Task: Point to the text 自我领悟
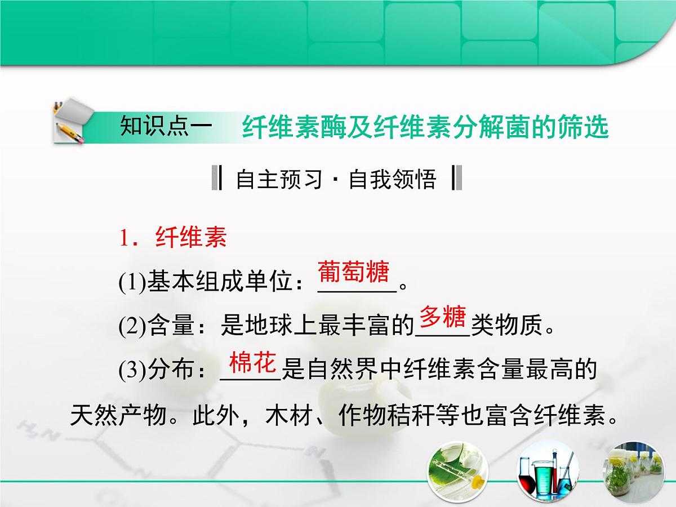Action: coord(393,180)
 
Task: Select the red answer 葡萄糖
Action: coord(354,272)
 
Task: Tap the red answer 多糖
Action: coord(442,318)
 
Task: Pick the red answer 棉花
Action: coord(252,363)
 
